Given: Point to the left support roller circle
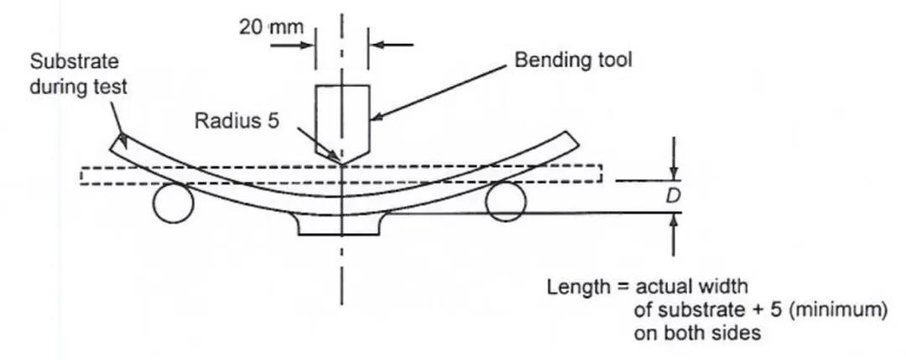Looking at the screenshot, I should pyautogui.click(x=174, y=204).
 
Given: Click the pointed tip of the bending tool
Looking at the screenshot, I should pyautogui.click(x=342, y=162).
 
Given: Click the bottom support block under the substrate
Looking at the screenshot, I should pyautogui.click(x=341, y=224).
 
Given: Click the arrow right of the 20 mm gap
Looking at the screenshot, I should pyautogui.click(x=379, y=44).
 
